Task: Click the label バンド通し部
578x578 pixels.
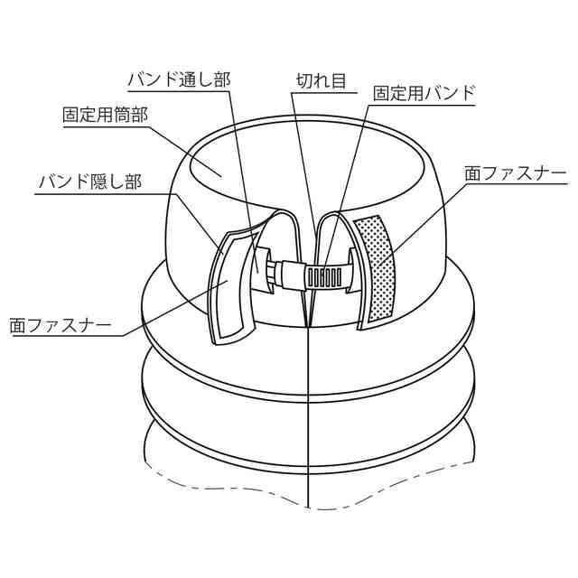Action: [179, 79]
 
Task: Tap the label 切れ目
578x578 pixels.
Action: [322, 79]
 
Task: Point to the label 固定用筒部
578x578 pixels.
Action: [104, 116]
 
